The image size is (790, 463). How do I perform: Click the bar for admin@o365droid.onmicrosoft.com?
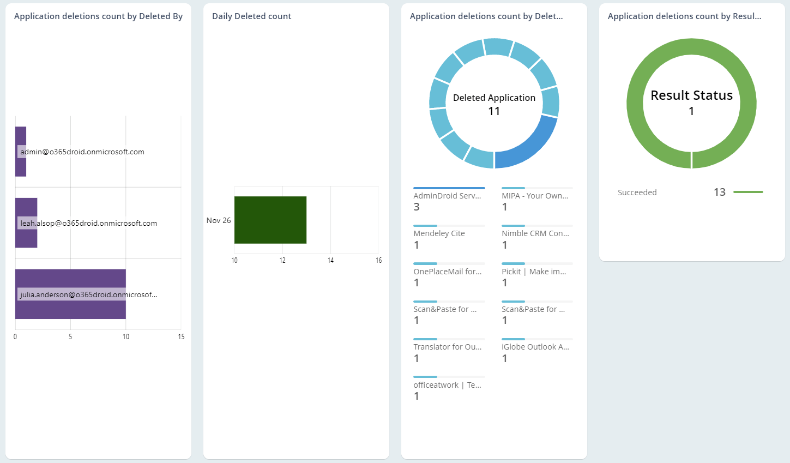pos(21,152)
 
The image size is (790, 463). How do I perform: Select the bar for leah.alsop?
pos(26,223)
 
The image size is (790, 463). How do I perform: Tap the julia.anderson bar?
pos(70,294)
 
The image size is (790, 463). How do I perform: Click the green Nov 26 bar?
pos(270,220)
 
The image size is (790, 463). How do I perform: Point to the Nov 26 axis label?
pos(219,220)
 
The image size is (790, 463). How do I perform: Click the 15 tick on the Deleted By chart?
pos(181,336)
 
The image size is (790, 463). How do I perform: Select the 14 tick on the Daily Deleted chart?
pos(330,260)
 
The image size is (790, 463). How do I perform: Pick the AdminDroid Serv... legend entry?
pos(447,196)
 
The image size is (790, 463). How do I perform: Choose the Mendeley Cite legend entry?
pos(439,233)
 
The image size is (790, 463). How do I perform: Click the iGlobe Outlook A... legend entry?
pos(535,347)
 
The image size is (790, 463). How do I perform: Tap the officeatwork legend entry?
pos(447,385)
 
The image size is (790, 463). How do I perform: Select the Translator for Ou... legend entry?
pos(447,347)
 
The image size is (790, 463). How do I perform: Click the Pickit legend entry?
pos(534,272)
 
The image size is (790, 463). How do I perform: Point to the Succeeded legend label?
pos(637,193)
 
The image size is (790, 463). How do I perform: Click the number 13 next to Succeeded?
pos(719,192)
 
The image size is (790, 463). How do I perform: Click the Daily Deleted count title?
pos(251,16)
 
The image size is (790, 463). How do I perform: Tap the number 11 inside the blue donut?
pos(494,111)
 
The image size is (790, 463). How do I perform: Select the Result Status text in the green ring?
pos(691,95)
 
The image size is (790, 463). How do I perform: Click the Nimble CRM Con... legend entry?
pos(535,233)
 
